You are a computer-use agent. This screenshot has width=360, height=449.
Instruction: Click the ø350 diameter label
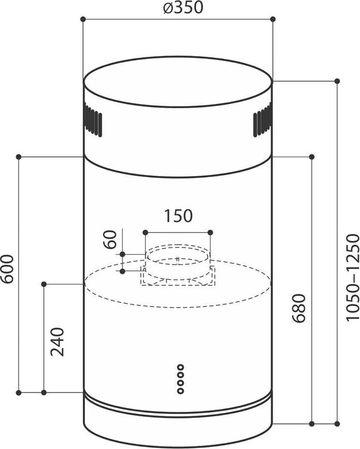[x=183, y=8]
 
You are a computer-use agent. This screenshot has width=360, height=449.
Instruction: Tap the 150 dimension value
[x=178, y=216]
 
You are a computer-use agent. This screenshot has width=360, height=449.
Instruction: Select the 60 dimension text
[x=111, y=239]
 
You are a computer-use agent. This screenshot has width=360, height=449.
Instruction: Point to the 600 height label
[x=7, y=269]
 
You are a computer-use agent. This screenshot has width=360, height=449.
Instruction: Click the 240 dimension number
[x=57, y=342]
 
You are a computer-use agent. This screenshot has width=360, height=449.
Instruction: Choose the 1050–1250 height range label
[x=353, y=277]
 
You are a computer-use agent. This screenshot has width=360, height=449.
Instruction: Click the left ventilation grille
[x=93, y=120]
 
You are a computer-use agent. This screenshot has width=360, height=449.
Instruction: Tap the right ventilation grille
[x=262, y=120]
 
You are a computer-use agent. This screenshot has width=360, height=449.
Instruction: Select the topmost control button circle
[x=181, y=367]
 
